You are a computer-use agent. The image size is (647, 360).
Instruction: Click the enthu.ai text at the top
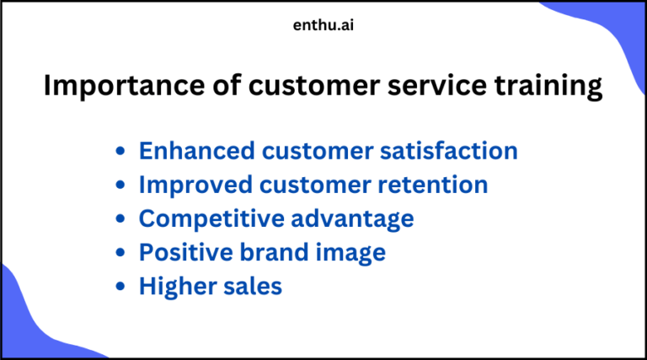point(323,25)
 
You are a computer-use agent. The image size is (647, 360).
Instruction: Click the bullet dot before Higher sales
point(121,287)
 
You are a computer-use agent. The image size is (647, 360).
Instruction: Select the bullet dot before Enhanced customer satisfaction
point(121,152)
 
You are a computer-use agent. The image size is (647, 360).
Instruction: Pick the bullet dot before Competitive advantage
point(121,219)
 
